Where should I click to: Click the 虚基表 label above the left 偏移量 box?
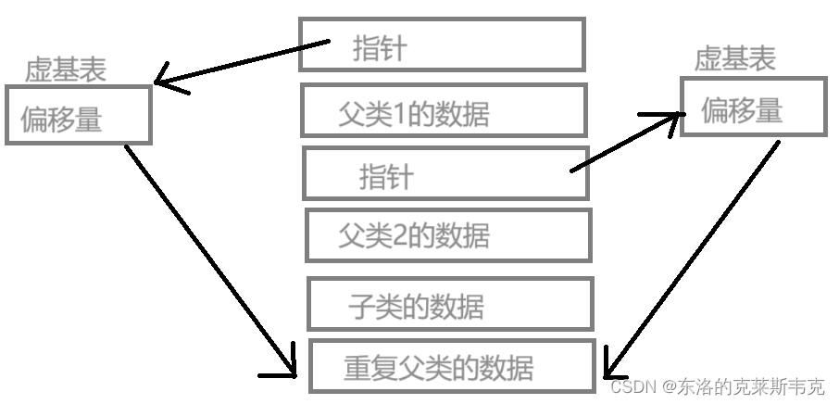(65, 70)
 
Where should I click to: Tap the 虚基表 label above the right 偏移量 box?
(734, 59)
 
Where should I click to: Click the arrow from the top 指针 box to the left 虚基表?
(242, 61)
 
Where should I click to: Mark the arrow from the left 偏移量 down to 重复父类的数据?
(210, 259)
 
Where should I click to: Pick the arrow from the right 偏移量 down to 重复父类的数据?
(693, 259)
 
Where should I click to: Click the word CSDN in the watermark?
(634, 385)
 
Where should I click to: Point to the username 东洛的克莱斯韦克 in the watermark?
(751, 385)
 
